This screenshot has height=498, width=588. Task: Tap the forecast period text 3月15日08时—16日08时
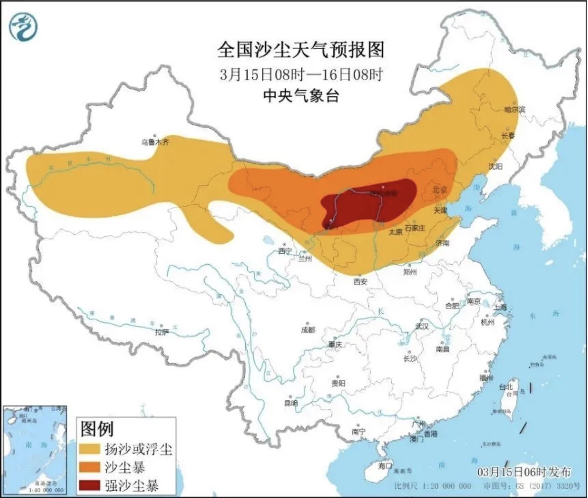pos(300,74)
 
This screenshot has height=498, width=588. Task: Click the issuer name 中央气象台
pos(300,96)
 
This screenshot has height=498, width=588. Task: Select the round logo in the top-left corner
pos(23,26)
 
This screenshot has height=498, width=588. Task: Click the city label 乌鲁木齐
pos(155,142)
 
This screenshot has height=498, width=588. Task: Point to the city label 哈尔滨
pos(514,109)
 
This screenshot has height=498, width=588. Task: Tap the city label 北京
pos(440,189)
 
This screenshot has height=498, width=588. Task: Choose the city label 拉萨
pos(162,332)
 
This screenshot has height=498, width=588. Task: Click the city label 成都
pos(308,330)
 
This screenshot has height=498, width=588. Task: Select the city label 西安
pos(360,282)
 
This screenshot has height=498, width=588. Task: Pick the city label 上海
pos(501,307)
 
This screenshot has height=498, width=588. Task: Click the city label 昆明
pos(291,403)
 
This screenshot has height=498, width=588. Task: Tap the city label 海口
pos(384,466)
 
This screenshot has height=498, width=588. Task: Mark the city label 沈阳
pos(495,166)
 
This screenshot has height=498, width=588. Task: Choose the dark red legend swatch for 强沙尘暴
pos(89,486)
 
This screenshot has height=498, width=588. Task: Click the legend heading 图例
pos(97,429)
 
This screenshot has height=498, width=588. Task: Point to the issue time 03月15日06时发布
pos(524,472)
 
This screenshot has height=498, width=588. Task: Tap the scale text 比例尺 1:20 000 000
pos(432,486)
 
